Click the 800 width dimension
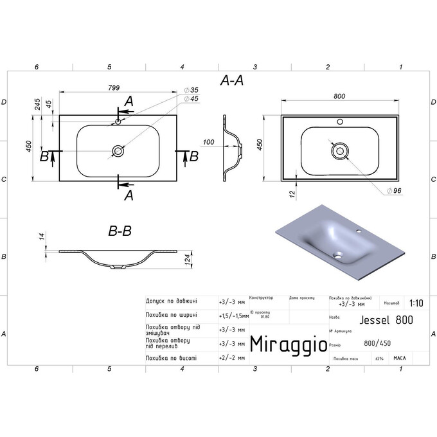pyautogui.click(x=340, y=96)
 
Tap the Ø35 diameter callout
pyautogui.click(x=192, y=90)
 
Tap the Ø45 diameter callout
pyautogui.click(x=192, y=98)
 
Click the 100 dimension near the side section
pyautogui.click(x=208, y=142)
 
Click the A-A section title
pyautogui.click(x=231, y=80)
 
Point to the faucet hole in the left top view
pyautogui.click(x=118, y=121)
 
